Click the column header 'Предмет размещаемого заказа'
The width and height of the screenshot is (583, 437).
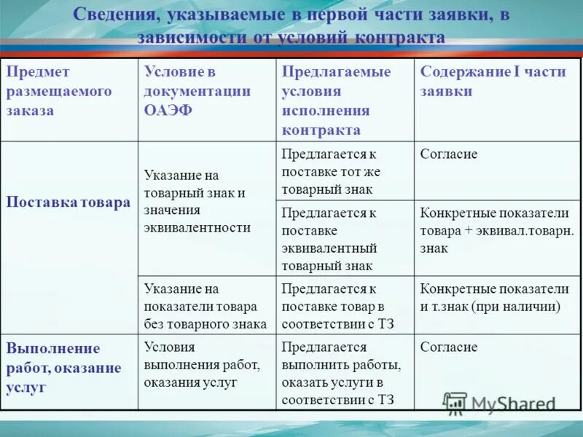point(59,92)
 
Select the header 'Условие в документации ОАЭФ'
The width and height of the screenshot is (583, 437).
point(197,92)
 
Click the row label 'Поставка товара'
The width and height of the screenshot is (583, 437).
point(68,202)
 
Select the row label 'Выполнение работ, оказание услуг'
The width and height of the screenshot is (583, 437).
point(63,368)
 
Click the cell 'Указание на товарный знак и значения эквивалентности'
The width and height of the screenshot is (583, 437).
point(197,202)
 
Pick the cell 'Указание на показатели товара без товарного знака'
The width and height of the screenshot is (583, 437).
point(205,307)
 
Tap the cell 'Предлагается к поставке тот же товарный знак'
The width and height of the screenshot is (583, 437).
point(330,172)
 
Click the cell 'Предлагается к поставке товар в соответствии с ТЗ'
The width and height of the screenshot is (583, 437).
point(337,307)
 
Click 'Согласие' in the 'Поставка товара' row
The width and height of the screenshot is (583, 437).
point(449,154)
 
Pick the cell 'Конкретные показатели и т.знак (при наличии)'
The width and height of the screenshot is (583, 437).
point(493,297)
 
